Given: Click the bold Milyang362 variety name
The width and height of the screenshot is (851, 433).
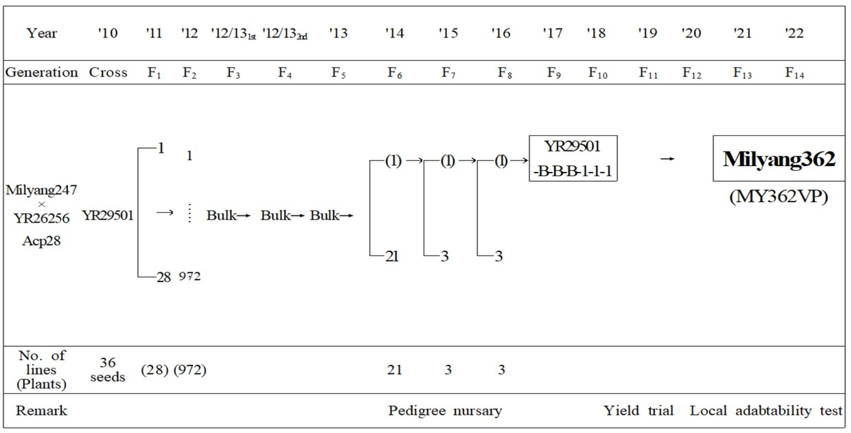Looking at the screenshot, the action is point(779,159).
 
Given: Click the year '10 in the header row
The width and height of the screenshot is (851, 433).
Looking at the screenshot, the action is point(108,33).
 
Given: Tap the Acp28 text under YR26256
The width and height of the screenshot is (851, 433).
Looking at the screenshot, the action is point(41,241).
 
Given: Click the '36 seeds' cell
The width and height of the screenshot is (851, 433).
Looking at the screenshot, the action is point(108,370).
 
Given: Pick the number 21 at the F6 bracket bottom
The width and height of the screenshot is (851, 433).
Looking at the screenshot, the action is point(392,256).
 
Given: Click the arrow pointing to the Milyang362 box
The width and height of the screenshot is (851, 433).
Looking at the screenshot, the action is point(667,159).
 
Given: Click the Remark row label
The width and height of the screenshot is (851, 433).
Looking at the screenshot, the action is point(41,411).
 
